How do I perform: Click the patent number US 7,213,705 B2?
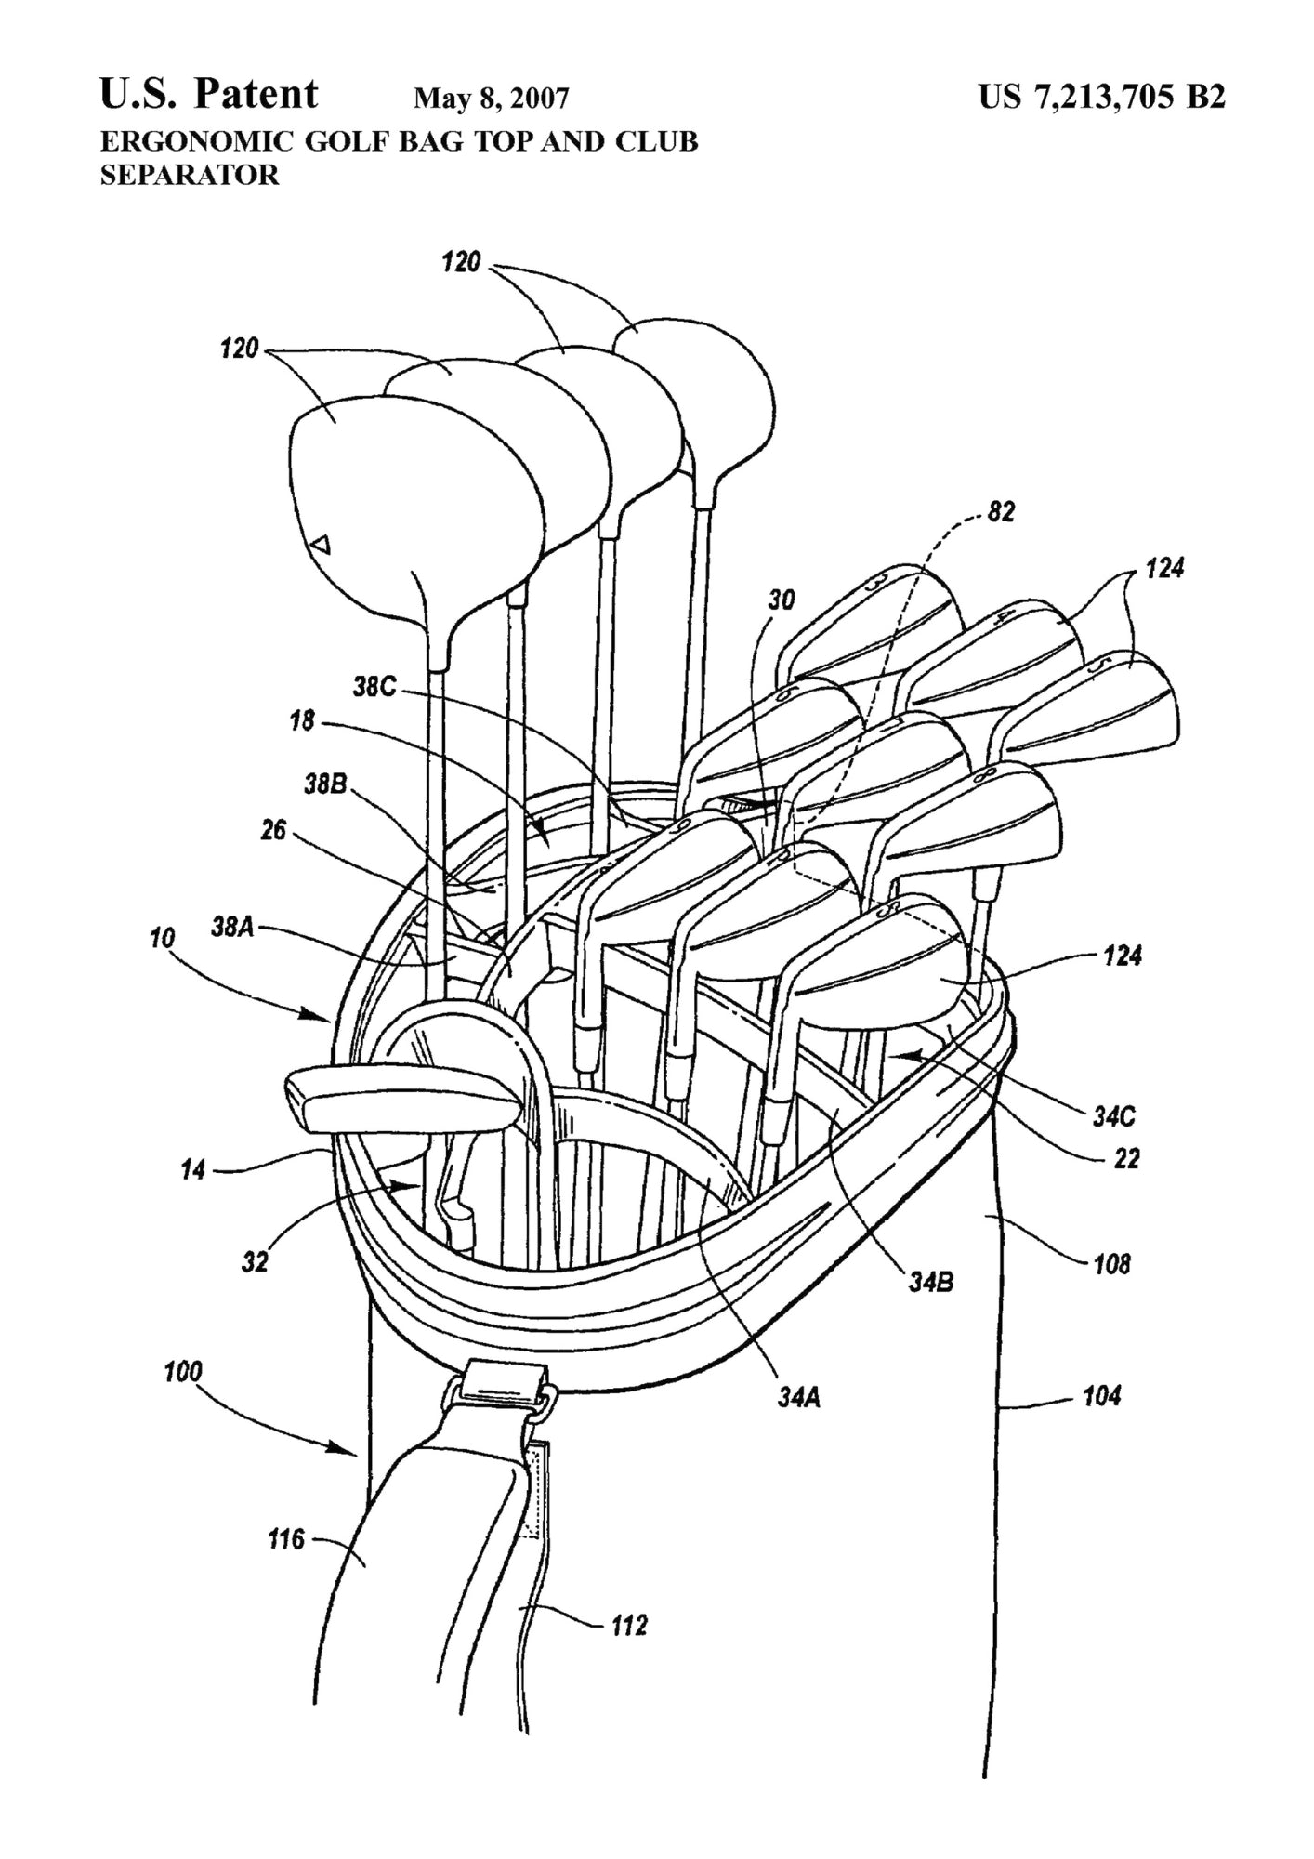pos(1101,96)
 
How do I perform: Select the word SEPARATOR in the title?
pos(189,175)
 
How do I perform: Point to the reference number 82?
pos(1000,511)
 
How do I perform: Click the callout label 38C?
pos(374,686)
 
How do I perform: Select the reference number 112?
pos(629,1625)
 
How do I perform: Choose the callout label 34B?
pos(930,1283)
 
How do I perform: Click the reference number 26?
pos(273,828)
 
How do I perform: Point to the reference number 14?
pos(193,1168)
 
